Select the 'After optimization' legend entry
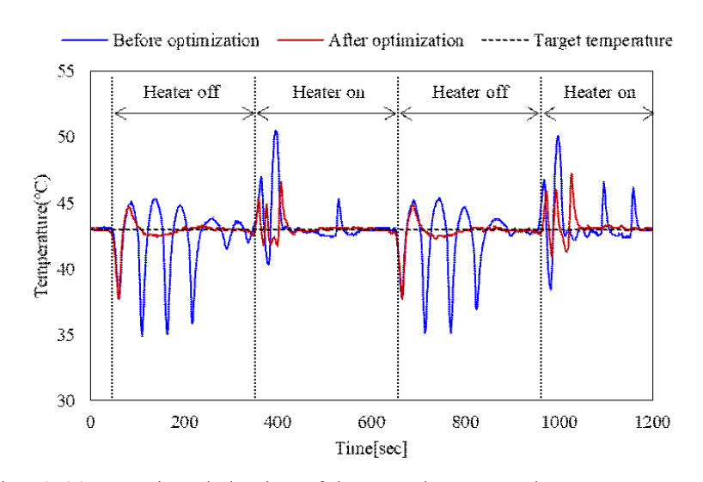click(x=396, y=40)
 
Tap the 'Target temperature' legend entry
click(x=602, y=40)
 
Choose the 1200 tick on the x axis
click(x=652, y=422)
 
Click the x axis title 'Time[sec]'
click(x=371, y=448)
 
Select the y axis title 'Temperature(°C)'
click(x=40, y=236)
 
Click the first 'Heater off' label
click(x=181, y=92)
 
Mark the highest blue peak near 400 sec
click(x=276, y=131)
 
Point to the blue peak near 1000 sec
click(x=558, y=136)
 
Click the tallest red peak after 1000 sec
click(x=572, y=174)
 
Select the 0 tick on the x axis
click(x=90, y=422)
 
